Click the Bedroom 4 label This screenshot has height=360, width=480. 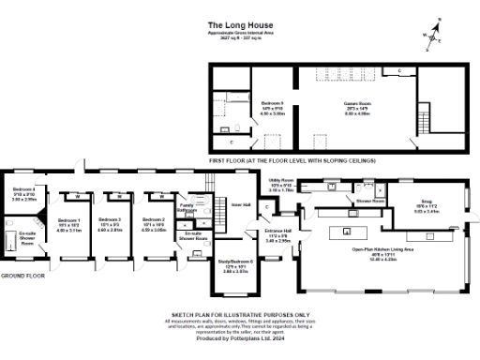(x=23, y=194)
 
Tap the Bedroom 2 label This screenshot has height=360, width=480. (x=154, y=224)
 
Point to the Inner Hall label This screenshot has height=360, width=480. (x=240, y=205)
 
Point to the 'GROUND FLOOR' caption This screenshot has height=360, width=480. (x=22, y=277)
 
